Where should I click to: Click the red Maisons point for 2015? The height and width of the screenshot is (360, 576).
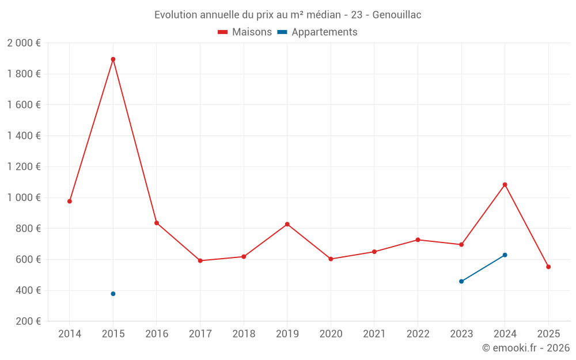[x=113, y=59]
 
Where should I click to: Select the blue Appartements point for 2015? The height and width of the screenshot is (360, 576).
[x=113, y=294]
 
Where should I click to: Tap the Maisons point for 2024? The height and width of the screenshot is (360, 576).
[x=505, y=185]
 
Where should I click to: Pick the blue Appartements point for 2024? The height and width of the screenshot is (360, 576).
[x=505, y=255]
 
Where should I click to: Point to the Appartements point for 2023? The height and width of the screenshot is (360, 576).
[x=461, y=282]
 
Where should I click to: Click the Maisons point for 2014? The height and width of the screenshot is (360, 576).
[x=70, y=202]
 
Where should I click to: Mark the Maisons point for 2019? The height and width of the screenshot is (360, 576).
[x=287, y=224]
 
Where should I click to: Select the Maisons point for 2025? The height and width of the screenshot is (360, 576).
[x=548, y=267]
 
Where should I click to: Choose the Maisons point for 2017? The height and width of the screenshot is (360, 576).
[x=200, y=261]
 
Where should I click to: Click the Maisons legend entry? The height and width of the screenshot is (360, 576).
[x=245, y=32]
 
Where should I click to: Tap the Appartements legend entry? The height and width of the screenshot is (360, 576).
[x=317, y=32]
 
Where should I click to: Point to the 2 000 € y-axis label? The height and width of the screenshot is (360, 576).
[x=24, y=43]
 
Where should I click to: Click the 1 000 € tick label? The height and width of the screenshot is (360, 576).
[x=24, y=198]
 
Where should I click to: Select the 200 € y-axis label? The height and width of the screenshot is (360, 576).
[x=28, y=321]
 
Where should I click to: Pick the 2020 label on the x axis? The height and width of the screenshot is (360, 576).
[x=331, y=334]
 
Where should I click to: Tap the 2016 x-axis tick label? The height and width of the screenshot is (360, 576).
[x=157, y=334]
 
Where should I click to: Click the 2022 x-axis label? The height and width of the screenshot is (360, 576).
[x=418, y=334]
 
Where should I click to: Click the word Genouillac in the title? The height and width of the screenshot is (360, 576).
[x=397, y=15]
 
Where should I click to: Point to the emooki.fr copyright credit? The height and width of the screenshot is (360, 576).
[x=526, y=348]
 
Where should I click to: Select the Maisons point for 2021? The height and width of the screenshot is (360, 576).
[x=374, y=252]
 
